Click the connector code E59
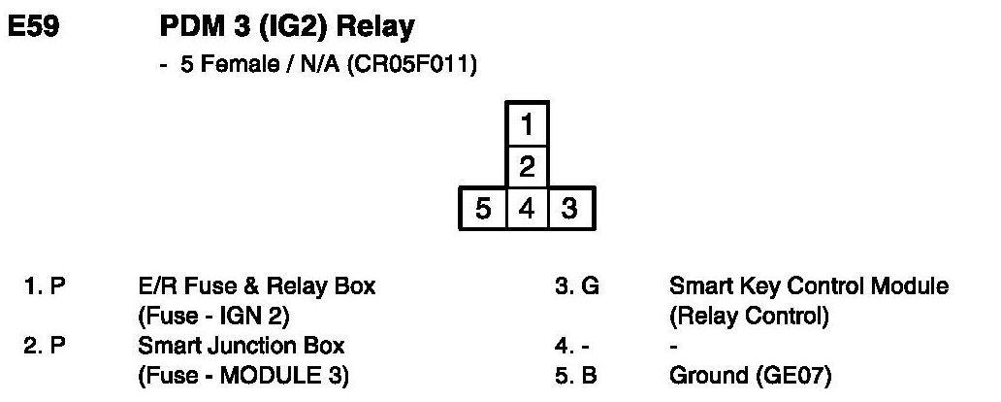click(x=35, y=30)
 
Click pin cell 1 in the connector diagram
click(x=528, y=124)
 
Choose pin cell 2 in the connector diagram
click(x=528, y=167)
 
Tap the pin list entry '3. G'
click(x=572, y=287)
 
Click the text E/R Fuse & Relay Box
click(x=257, y=287)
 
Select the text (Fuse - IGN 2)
click(x=215, y=317)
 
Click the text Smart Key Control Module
click(x=809, y=287)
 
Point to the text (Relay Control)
click(x=748, y=317)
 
